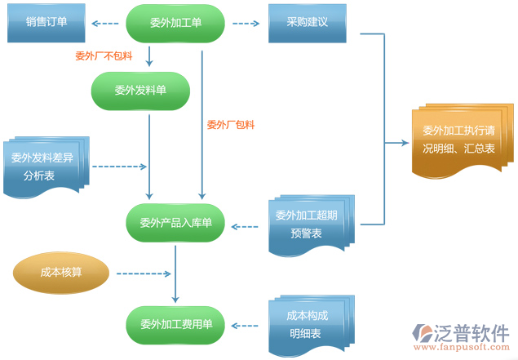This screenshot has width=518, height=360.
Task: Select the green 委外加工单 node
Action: pyautogui.click(x=175, y=23)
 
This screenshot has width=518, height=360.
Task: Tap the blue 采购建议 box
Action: pyautogui.click(x=307, y=23)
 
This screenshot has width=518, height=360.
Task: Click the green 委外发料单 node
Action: pyautogui.click(x=139, y=91)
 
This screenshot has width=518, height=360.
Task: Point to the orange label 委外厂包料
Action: pyautogui.click(x=231, y=125)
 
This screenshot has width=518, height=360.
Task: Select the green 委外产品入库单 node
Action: pyautogui.click(x=175, y=223)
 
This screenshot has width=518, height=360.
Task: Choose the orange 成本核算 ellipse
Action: pyautogui.click(x=61, y=273)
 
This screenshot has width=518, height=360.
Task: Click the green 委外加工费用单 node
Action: pyautogui.click(x=175, y=324)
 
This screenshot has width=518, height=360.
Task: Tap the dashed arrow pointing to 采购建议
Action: pyautogui.click(x=246, y=24)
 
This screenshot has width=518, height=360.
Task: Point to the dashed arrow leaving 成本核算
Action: pyautogui.click(x=142, y=273)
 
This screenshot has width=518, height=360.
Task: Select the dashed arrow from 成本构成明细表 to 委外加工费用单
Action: pyautogui.click(x=246, y=325)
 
